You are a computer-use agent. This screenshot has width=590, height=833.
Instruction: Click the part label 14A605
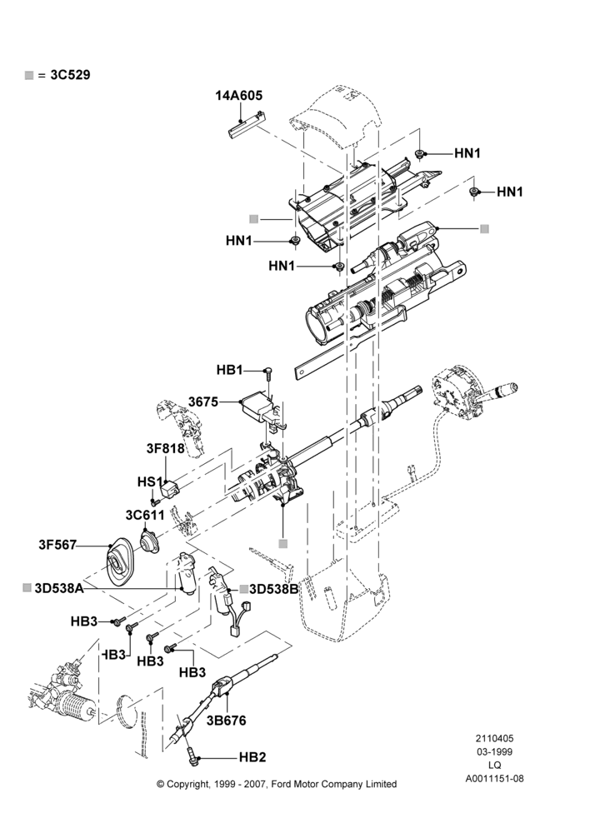click(x=238, y=96)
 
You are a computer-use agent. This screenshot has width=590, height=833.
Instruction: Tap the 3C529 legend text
click(x=70, y=75)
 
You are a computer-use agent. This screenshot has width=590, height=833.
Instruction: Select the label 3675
click(x=203, y=402)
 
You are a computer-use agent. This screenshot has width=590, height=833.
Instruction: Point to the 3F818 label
click(x=165, y=448)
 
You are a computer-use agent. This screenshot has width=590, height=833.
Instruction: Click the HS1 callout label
click(x=150, y=481)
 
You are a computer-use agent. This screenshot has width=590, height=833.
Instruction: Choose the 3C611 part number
click(x=145, y=515)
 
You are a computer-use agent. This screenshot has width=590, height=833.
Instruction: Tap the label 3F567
click(x=57, y=545)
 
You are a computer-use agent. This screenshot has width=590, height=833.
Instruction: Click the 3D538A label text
click(x=59, y=588)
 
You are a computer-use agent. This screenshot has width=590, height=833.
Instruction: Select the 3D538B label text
click(x=273, y=589)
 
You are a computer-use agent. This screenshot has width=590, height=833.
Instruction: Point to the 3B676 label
click(x=227, y=721)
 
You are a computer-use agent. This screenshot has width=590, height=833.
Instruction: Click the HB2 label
click(x=252, y=757)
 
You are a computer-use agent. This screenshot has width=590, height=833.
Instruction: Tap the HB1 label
click(x=229, y=370)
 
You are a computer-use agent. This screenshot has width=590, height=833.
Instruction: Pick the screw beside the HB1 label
click(x=268, y=373)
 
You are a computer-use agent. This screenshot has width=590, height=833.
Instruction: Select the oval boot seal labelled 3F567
click(x=121, y=563)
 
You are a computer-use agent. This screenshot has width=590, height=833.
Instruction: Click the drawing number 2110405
click(x=494, y=738)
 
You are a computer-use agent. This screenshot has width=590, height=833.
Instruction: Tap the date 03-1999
click(x=494, y=751)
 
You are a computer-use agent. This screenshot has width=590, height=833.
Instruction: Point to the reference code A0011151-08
click(x=494, y=779)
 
